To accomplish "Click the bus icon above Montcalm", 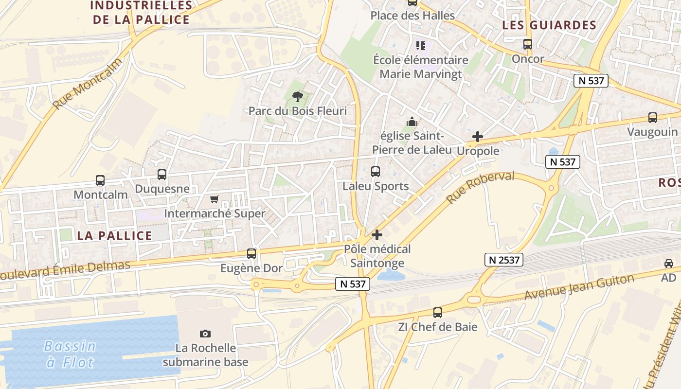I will tap(100, 180).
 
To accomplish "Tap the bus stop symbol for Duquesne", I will tap(162, 174).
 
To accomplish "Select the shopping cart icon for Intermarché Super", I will tap(214, 199).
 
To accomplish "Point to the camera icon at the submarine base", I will tap(205, 334).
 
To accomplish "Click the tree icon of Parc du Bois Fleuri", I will tap(298, 97).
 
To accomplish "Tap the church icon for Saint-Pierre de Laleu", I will tap(412, 122).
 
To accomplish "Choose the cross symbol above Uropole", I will tap(478, 137).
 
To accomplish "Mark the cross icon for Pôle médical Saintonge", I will tap(377, 235).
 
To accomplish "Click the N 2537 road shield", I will tap(504, 260).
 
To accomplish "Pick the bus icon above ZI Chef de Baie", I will tap(438, 313).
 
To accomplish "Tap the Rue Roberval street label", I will tap(480, 187).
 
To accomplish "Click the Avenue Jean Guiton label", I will tap(579, 287).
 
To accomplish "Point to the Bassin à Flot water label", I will tap(70, 354).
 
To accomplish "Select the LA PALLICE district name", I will tap(115, 236).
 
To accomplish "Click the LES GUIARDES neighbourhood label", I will tap(549, 25).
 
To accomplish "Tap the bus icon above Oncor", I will tap(528, 44).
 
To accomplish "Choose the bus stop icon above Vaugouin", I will tap(653, 118).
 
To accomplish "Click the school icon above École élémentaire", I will tap(421, 46).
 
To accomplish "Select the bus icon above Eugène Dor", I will tap(251, 254).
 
